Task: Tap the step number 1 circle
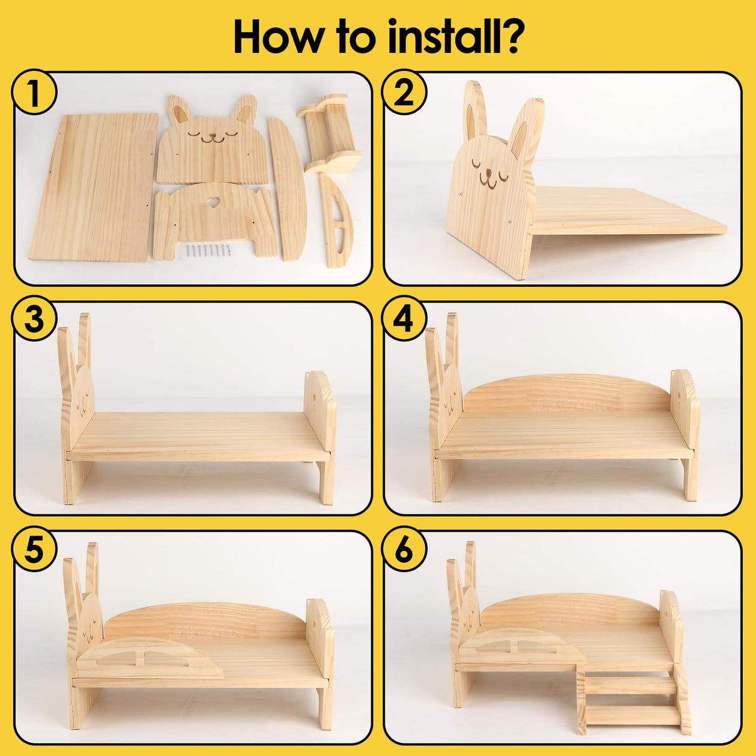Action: click(34, 93)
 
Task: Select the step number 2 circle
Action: click(404, 93)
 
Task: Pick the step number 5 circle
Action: click(34, 550)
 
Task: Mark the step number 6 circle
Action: click(404, 550)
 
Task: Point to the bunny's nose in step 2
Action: click(489, 172)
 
